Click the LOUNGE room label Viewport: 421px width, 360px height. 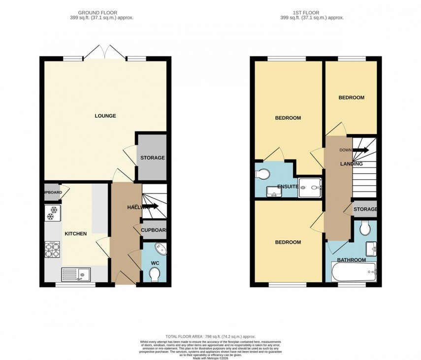click(x=105, y=116)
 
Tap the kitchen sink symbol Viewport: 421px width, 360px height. click(x=76, y=273)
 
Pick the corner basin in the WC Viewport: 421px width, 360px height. click(x=161, y=248)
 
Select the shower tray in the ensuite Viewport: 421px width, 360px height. click(x=311, y=185)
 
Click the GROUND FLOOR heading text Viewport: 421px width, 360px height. click(x=105, y=12)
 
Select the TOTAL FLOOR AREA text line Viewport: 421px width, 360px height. click(x=210, y=336)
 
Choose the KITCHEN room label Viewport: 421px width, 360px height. click(x=76, y=233)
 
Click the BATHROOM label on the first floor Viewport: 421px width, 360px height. click(x=351, y=260)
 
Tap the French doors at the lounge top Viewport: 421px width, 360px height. click(x=104, y=52)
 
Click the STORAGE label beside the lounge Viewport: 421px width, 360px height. click(x=152, y=158)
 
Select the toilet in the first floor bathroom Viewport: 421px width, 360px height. click(x=365, y=228)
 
